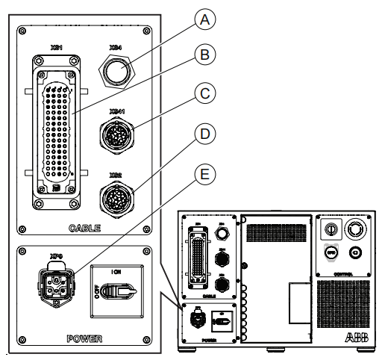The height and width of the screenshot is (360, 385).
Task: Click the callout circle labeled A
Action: (x=198, y=21)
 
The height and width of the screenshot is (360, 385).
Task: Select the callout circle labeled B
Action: (x=198, y=55)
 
